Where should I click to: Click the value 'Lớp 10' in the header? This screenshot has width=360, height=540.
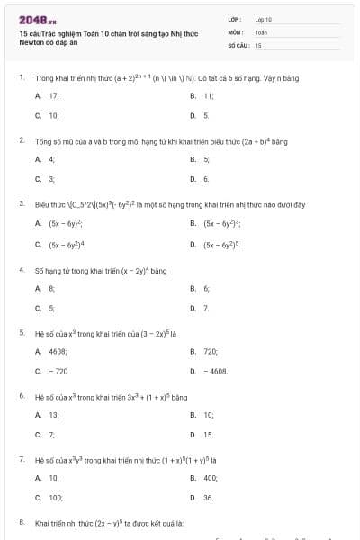(x=264, y=18)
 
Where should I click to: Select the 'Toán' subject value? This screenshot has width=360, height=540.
(x=262, y=31)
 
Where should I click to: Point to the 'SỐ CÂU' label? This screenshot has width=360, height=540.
(x=238, y=44)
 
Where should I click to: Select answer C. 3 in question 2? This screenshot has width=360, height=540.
(x=45, y=179)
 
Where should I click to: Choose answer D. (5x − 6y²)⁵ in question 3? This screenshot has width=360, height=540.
(x=216, y=244)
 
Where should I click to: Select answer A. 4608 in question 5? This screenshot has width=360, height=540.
(x=52, y=351)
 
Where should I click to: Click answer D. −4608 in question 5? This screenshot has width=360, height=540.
(x=210, y=371)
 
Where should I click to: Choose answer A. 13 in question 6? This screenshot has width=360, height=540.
(x=48, y=415)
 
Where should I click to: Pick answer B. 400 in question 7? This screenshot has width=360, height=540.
(x=205, y=478)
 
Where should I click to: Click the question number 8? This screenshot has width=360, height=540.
(x=21, y=522)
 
